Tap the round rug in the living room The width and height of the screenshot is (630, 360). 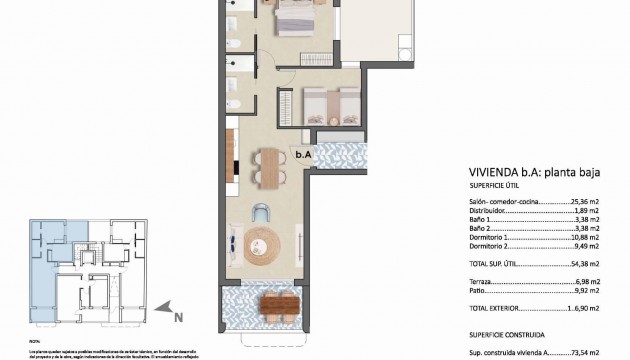coord(265,242)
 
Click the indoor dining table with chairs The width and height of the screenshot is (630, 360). coord(266,166)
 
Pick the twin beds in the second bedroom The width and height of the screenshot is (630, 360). coord(328,103)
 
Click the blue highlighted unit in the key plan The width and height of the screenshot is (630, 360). coord(46,260)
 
